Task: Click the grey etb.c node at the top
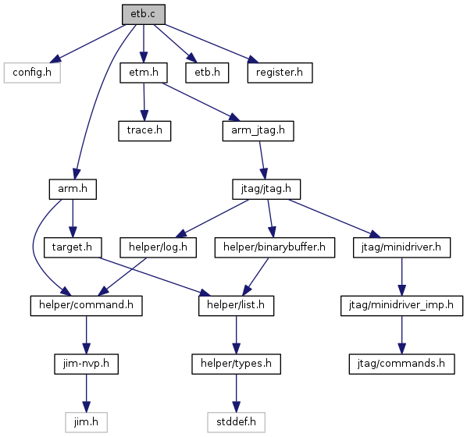click(143, 14)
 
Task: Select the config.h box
click(32, 73)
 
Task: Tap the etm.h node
click(144, 73)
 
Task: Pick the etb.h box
click(207, 73)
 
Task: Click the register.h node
click(280, 73)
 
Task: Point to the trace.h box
click(144, 130)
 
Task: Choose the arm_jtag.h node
click(258, 130)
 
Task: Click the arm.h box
click(73, 189)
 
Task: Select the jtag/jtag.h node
click(266, 189)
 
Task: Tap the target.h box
click(73, 247)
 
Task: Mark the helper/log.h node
click(159, 247)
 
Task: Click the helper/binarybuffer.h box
click(275, 247)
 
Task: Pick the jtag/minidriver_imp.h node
click(401, 306)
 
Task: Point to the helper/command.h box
click(87, 306)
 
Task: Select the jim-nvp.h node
click(87, 364)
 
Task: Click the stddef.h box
click(236, 422)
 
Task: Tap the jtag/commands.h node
click(401, 364)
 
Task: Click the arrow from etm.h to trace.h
click(144, 101)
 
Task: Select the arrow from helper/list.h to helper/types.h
click(236, 335)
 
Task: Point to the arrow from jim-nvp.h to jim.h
click(87, 393)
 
